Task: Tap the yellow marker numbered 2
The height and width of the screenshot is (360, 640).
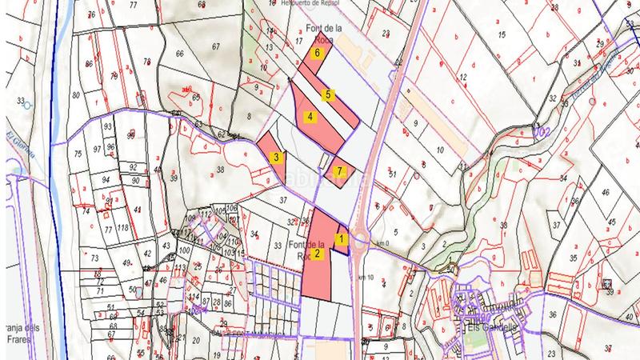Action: coord(318,254)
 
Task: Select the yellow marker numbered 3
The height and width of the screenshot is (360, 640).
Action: coord(275,158)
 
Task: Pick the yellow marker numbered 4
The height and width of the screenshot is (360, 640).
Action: coord(310,117)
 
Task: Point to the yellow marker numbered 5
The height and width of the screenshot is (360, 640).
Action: coord(328,94)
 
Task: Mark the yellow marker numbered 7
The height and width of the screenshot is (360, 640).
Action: coord(340,170)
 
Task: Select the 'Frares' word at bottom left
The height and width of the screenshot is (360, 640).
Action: coord(18,339)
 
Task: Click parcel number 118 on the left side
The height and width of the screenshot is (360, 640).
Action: coord(123,229)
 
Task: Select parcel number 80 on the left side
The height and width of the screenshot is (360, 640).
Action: coord(76,94)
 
